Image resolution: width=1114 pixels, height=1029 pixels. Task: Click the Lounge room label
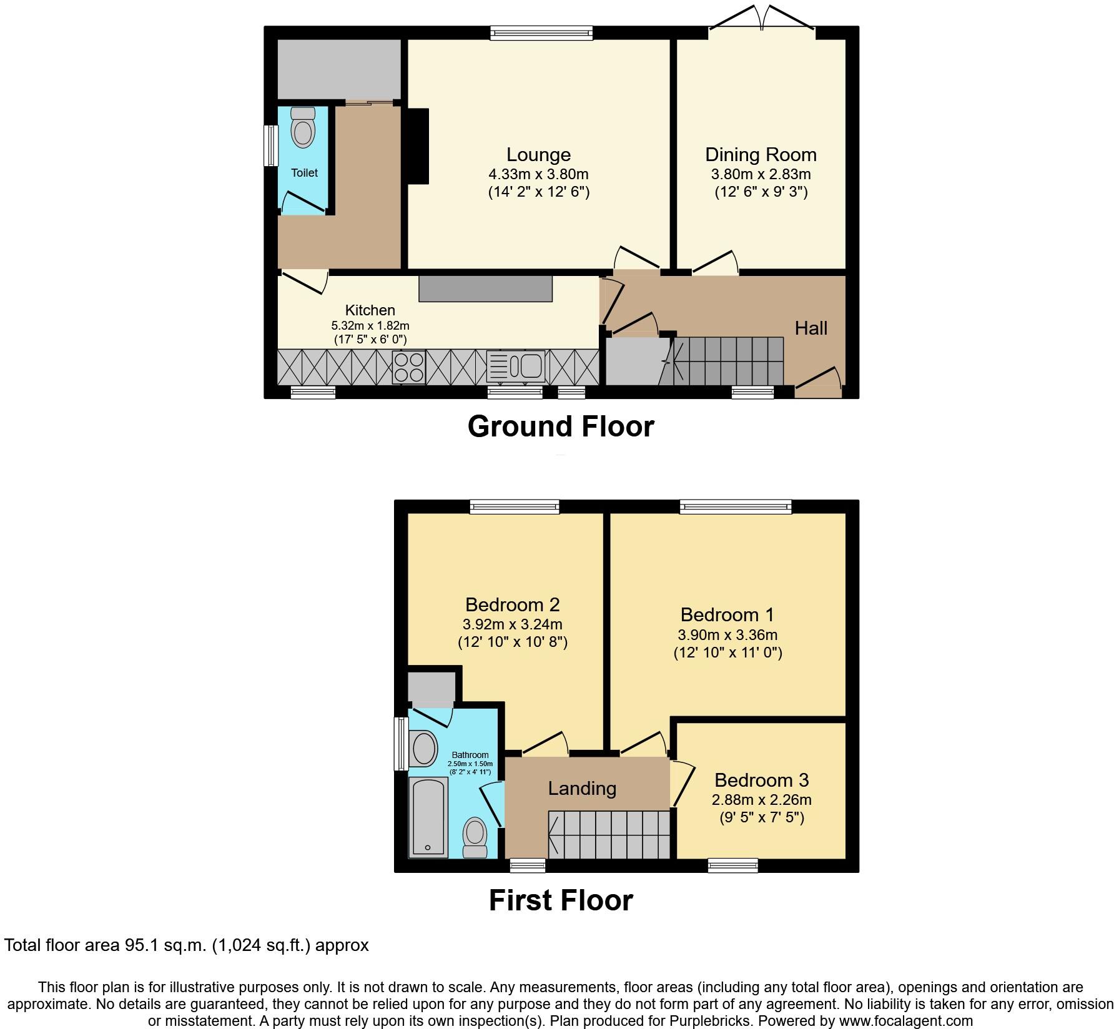pyautogui.click(x=538, y=155)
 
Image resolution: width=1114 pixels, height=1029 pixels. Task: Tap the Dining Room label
pyautogui.click(x=761, y=155)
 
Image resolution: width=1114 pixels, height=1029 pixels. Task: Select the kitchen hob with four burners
pyautogui.click(x=409, y=367)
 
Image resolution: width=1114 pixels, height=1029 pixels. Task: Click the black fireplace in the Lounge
pyautogui.click(x=417, y=146)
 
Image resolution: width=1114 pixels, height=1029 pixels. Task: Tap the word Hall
pyautogui.click(x=811, y=328)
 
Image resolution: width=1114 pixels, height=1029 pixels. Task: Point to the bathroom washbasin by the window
pyautogui.click(x=424, y=748)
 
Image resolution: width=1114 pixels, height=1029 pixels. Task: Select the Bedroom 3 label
pyautogui.click(x=761, y=780)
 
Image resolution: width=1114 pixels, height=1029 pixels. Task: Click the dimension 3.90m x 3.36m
pyautogui.click(x=727, y=635)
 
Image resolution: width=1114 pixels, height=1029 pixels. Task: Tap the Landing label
pyautogui.click(x=582, y=788)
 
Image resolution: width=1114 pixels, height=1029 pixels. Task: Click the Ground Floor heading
pyautogui.click(x=560, y=426)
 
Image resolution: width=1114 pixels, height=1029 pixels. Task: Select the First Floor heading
pyautogui.click(x=560, y=900)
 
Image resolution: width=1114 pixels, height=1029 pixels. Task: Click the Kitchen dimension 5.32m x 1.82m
pyautogui.click(x=370, y=325)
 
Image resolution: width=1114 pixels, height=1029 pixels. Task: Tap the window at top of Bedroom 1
pyautogui.click(x=736, y=506)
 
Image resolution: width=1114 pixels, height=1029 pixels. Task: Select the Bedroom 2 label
pyautogui.click(x=512, y=604)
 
